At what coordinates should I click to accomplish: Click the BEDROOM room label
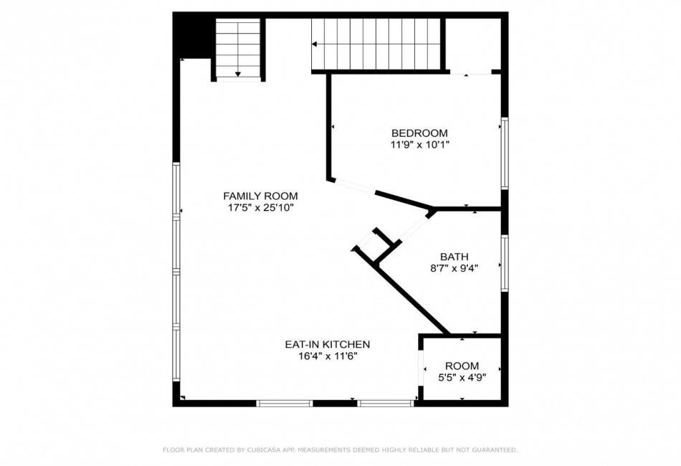[419, 133]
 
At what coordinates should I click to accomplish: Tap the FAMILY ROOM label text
[261, 196]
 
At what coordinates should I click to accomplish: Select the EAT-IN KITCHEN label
[328, 344]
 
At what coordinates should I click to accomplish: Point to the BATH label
[454, 257]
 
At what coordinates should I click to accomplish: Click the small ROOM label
[462, 366]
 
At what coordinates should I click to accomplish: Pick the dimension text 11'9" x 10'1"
[419, 145]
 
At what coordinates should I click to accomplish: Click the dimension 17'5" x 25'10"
[261, 208]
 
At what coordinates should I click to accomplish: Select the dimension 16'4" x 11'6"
[328, 356]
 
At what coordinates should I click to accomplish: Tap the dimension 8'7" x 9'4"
[454, 268]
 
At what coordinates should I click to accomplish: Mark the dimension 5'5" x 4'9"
[462, 377]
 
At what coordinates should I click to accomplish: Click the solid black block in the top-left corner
[191, 36]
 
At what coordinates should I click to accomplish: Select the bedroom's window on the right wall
[505, 153]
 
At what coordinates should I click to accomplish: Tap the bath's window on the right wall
[505, 263]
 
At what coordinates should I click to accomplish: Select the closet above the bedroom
[473, 44]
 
